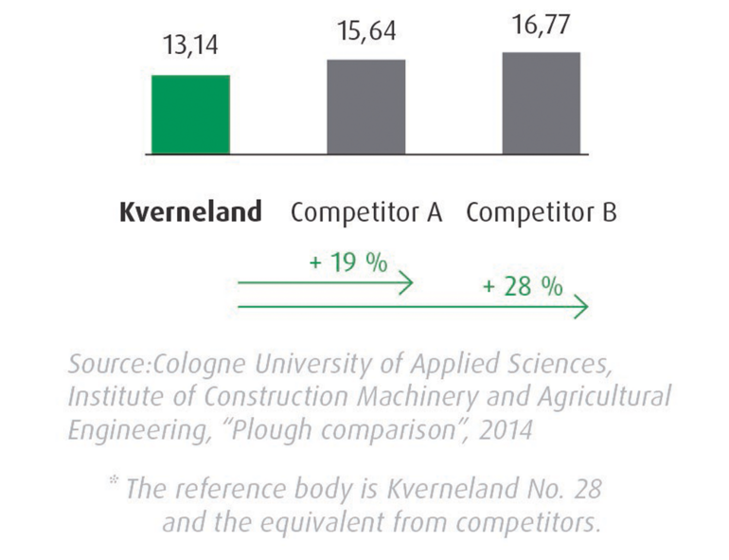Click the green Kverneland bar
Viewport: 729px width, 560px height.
[190, 114]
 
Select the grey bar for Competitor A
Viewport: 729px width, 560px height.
[365, 106]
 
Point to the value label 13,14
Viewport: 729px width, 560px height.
[190, 46]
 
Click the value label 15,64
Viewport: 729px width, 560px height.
[365, 31]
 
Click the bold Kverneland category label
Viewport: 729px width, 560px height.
[190, 212]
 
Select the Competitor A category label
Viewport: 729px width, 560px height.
[366, 212]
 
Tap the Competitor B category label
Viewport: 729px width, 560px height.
[542, 212]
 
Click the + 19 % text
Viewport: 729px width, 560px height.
[347, 262]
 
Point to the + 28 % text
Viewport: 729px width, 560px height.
[522, 286]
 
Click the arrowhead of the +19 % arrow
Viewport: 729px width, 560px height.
[405, 282]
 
